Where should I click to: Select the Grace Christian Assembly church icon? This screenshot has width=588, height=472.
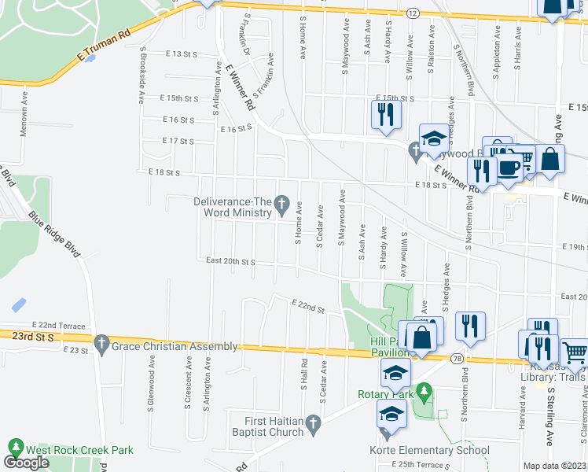coord(101,345)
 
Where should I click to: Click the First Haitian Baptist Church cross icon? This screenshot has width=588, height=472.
coord(313,426)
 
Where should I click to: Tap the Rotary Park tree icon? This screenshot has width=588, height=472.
coord(424,390)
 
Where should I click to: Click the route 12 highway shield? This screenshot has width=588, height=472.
coord(413,13)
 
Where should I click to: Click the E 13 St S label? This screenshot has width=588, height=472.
coord(182,53)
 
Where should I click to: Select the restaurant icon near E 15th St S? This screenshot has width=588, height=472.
coord(386,115)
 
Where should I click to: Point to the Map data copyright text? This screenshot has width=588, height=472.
coord(554,466)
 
